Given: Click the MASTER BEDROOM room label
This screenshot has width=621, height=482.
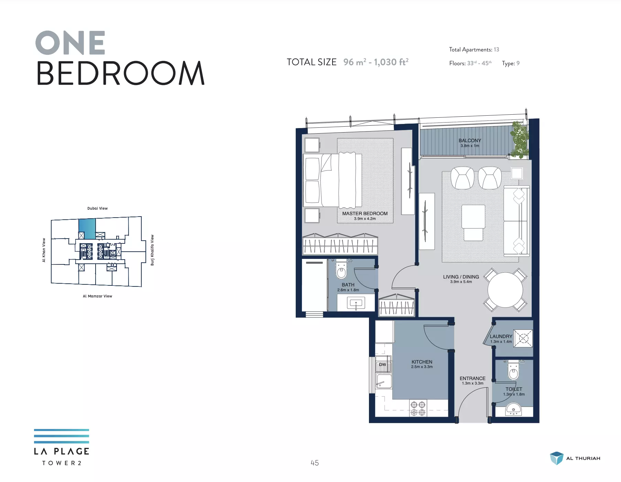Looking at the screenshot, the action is click(365, 213).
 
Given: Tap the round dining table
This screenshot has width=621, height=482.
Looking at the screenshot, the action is click(505, 290).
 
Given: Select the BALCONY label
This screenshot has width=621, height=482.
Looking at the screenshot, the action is click(470, 140).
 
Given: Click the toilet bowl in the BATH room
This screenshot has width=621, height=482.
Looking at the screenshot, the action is click(341, 270).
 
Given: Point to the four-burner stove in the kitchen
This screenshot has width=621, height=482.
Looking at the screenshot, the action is click(418, 408).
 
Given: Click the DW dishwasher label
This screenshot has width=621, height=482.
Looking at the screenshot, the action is click(382, 365).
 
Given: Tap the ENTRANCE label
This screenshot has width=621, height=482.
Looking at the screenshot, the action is click(472, 378).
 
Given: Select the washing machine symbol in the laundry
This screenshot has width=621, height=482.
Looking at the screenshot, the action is click(523, 338).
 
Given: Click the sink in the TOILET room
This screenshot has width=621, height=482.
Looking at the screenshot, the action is click(513, 409).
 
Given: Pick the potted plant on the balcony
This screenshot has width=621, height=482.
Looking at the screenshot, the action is click(519, 140).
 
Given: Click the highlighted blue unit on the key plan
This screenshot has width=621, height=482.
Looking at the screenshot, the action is click(87, 229).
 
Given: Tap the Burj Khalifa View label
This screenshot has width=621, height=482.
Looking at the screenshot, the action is click(152, 250).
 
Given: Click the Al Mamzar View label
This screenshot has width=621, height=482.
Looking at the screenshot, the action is click(97, 296).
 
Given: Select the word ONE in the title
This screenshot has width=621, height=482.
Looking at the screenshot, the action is click(70, 43).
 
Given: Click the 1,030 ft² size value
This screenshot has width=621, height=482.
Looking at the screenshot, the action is click(391, 62).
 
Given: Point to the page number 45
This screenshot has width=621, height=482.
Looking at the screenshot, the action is click(315, 463).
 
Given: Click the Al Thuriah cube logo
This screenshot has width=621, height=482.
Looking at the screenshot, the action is click(556, 458).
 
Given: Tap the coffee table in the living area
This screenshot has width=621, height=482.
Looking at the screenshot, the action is click(473, 217).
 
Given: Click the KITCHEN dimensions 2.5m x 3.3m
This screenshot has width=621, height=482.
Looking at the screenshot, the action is click(422, 367).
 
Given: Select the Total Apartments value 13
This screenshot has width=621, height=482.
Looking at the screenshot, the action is click(496, 50).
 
